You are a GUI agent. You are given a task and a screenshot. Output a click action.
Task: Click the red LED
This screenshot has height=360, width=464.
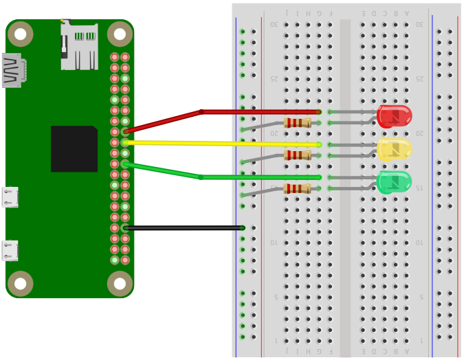(394, 116)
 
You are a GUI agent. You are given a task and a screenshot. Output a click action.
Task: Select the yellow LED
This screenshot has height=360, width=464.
(394, 149)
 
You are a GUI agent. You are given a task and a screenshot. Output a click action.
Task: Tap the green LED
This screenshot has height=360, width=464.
(394, 182)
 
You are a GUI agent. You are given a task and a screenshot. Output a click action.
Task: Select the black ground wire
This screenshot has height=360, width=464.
(186, 227)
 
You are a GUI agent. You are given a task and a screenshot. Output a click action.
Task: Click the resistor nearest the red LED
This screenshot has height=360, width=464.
(297, 123)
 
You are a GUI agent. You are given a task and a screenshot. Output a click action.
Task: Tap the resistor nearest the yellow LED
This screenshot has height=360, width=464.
(297, 155)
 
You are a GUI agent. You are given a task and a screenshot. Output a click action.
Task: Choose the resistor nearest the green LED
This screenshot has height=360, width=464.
(297, 188)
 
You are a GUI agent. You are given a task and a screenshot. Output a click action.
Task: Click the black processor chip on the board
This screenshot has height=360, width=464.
(74, 148)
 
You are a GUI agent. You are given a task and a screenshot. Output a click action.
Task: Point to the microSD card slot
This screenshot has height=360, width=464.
(79, 46)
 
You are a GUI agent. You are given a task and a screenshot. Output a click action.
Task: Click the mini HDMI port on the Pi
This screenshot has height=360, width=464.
(12, 70)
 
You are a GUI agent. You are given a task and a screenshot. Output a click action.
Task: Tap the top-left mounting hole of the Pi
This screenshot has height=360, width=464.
(21, 34)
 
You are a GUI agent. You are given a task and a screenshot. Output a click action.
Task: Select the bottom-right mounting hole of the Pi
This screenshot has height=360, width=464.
(120, 283)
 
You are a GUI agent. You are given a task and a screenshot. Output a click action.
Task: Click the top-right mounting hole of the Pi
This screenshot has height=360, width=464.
(120, 34)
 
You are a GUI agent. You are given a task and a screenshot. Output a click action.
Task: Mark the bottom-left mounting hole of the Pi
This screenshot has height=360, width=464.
(21, 283)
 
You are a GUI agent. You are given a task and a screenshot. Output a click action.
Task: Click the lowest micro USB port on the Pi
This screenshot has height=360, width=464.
(10, 250)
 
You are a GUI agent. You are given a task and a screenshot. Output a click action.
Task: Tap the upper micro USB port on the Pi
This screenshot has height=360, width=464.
(10, 197)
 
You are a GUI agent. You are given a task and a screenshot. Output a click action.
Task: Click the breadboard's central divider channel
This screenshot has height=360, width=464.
(345, 185)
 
